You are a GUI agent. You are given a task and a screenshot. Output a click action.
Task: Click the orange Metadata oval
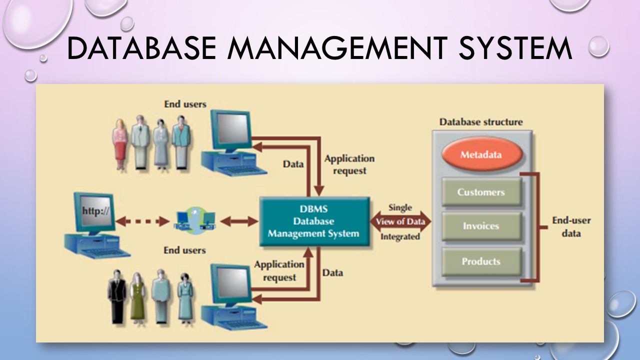coord(482,154)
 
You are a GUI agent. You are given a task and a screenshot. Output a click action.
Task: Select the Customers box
coord(481,192)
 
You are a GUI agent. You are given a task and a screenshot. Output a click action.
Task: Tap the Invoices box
coord(481,226)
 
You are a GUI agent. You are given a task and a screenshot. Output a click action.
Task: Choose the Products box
coord(481,261)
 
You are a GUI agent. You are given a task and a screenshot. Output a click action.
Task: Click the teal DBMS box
coord(314,221)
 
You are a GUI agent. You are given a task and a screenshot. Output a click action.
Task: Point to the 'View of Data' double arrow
coord(400,221)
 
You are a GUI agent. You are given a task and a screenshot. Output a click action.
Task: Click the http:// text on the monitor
coord(95,211)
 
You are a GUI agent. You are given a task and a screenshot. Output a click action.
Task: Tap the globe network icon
coord(195,221)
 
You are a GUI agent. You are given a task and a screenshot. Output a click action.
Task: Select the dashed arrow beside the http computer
coord(142,221)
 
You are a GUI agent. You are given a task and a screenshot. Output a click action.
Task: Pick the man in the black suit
coord(117,296)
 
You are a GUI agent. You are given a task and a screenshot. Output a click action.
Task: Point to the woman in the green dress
coord(137,298)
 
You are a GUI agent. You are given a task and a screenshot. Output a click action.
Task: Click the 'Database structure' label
coord(481,122)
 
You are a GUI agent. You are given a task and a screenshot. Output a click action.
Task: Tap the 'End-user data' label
coord(571,227)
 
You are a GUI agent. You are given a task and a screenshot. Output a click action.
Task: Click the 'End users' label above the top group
coord(185,104)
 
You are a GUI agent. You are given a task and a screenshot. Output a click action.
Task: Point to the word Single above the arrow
coord(400,207)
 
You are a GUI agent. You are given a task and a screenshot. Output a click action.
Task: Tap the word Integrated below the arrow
coord(400,237)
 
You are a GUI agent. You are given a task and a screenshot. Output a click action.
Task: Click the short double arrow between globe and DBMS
coord(239,221)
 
